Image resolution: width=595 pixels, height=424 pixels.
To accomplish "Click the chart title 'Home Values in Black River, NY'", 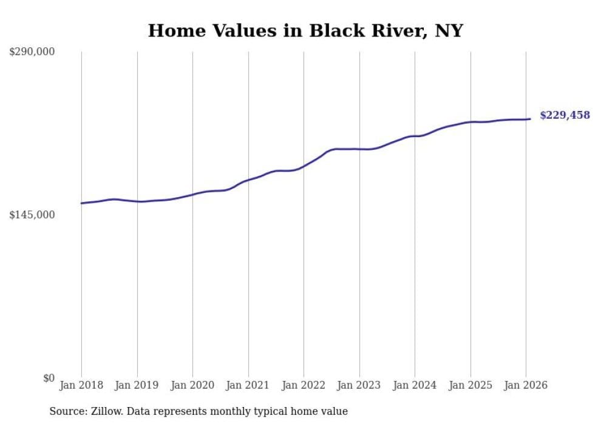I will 305,30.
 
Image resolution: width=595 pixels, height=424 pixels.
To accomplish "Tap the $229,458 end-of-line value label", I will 565,115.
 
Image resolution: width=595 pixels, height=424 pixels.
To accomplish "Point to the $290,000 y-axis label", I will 32,52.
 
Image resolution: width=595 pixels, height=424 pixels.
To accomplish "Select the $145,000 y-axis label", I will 32,215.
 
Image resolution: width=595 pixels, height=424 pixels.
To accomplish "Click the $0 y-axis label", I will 49,379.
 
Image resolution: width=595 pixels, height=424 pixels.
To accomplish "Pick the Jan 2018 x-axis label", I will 81,386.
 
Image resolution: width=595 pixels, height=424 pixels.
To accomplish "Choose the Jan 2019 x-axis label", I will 137,386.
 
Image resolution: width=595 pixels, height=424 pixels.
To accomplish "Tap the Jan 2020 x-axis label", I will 192,386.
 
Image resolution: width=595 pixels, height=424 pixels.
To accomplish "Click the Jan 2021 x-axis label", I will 248,386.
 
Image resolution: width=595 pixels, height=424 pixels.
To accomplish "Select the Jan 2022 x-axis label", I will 304,386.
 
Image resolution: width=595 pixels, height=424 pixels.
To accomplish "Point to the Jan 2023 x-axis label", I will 359,386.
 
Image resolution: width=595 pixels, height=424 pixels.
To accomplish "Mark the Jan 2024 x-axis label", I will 415,386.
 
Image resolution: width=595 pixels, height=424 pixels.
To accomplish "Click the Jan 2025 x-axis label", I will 471,386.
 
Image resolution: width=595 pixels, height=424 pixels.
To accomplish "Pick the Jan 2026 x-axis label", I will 526,386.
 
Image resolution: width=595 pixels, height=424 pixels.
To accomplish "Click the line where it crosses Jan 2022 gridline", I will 304,166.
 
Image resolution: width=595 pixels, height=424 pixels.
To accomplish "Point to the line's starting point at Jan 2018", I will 81,203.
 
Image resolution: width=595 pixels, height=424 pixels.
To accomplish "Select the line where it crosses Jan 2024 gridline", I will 415,136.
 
